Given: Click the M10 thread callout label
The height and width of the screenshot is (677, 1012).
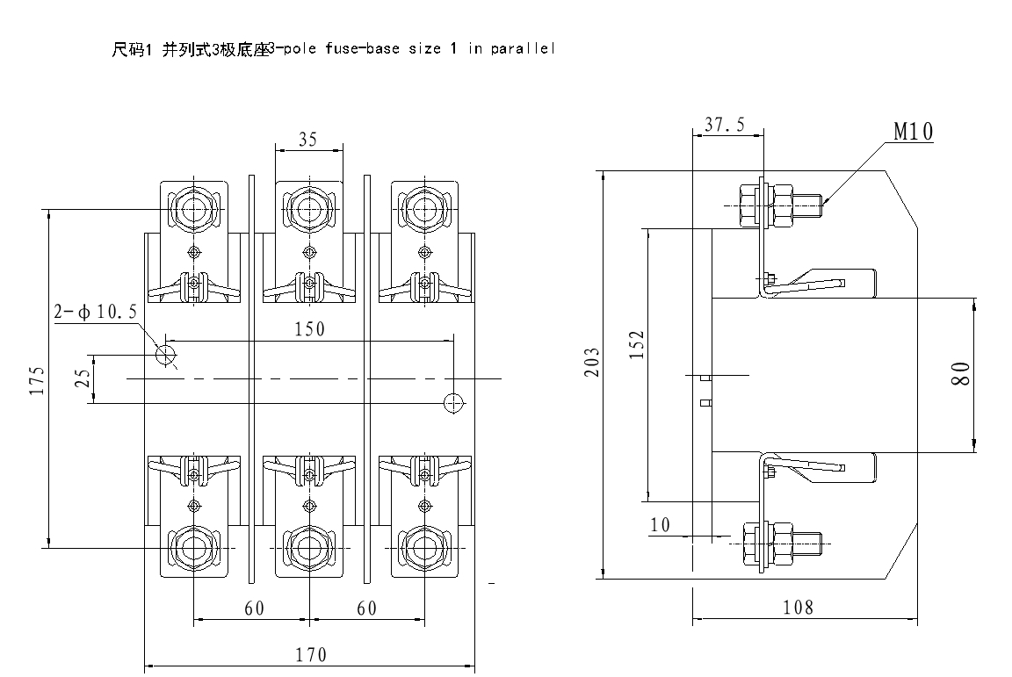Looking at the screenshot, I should coord(914,132).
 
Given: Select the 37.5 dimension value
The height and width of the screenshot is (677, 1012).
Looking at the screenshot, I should coord(725,125).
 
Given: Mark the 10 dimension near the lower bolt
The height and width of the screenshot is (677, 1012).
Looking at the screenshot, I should coord(661,525).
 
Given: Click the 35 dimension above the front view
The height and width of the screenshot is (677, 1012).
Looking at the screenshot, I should coord(307,140).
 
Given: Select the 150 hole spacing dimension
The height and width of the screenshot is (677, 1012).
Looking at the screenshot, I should coord(309,329).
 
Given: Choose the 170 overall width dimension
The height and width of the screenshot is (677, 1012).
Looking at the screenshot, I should coord(310,655).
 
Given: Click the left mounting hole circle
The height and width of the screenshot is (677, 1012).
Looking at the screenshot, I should coord(166,355).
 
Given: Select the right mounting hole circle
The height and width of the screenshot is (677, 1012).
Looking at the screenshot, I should coord(453,403).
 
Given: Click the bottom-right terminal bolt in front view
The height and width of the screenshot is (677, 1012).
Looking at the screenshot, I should coord(426,546).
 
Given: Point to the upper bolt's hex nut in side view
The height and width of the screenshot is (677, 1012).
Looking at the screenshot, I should coord(751,205).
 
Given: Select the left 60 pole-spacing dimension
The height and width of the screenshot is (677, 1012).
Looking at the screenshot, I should coord(254,609).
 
